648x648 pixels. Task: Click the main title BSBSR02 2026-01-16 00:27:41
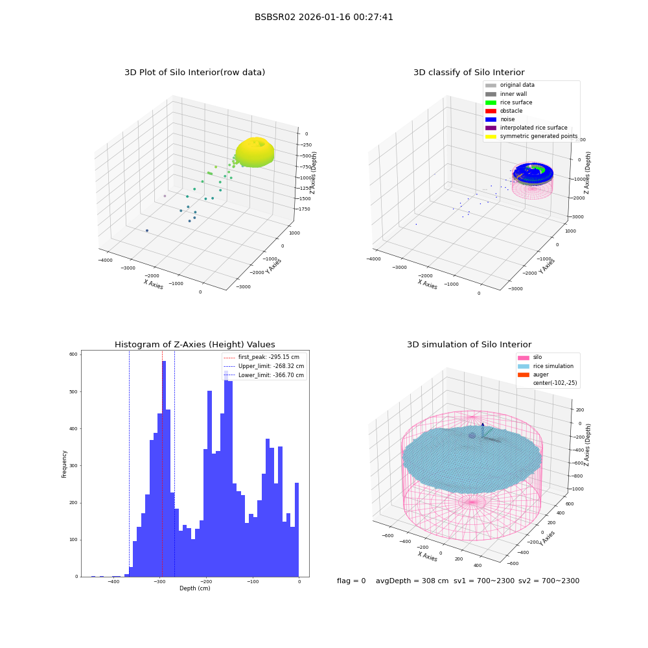323,17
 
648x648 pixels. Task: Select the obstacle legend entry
503,111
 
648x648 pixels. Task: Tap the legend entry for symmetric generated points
531,136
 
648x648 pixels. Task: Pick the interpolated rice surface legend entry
526,128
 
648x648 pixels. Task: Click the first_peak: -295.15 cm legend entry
261,357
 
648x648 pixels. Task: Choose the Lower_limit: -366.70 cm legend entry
264,375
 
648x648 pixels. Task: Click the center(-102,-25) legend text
555,383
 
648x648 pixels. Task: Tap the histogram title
194,345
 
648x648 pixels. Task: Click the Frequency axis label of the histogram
64,464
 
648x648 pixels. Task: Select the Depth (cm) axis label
194,588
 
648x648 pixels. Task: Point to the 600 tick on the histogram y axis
73,354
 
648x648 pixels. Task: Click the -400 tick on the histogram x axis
113,581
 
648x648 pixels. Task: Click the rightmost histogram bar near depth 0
296,529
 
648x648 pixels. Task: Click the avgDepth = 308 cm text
412,581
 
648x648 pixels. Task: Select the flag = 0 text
351,581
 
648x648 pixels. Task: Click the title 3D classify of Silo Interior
469,73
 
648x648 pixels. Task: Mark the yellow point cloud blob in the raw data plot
255,152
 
